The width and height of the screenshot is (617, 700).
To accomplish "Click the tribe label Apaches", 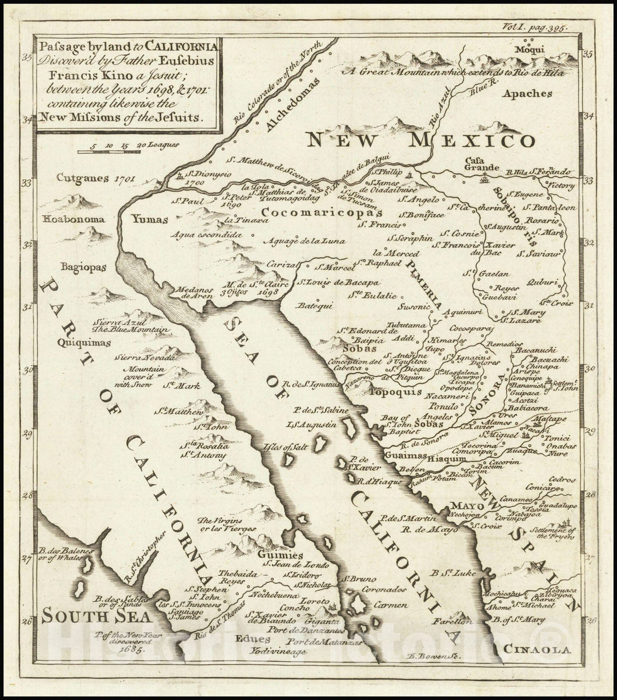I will pyautogui.click(x=527, y=94).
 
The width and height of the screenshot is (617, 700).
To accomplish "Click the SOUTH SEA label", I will pyautogui.click(x=97, y=617).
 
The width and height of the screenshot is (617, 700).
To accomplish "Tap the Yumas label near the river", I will pyautogui.click(x=149, y=219).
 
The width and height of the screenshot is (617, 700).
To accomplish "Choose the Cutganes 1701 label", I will pyautogui.click(x=95, y=178).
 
